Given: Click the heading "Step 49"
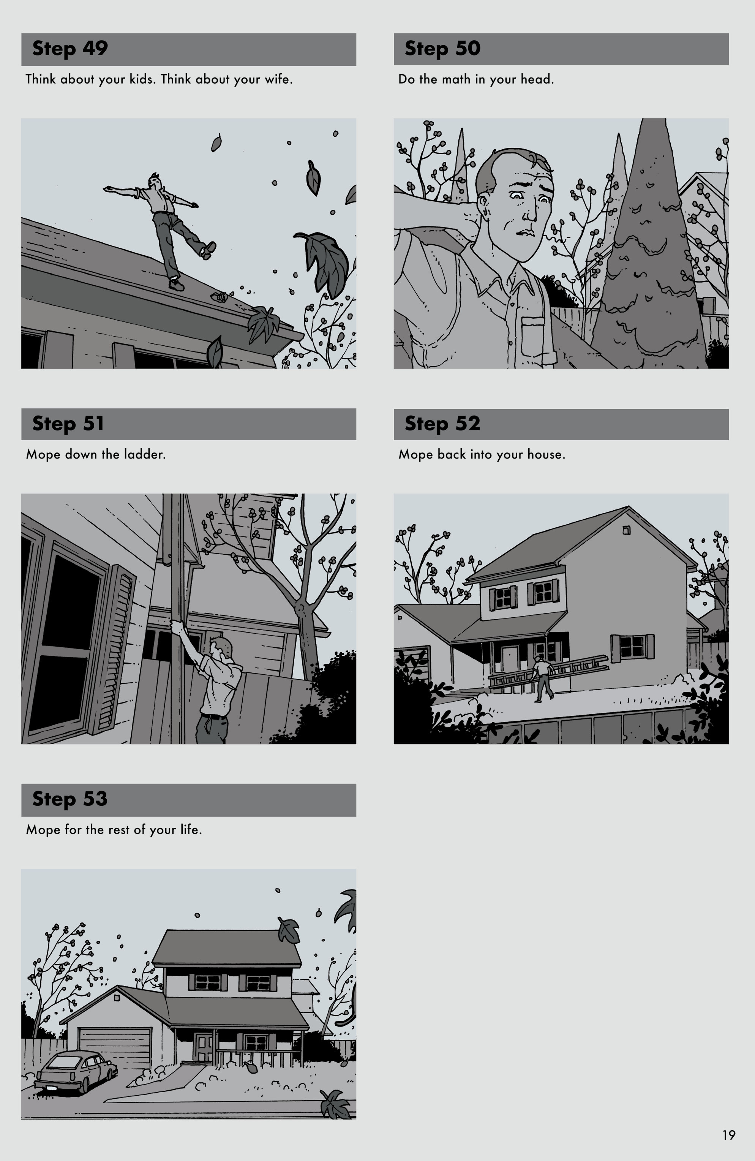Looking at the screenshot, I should pos(70,49).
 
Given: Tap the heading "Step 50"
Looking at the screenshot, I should pos(442,49).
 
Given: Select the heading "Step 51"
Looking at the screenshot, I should pos(68,424).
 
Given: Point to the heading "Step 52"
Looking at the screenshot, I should pos(442,424).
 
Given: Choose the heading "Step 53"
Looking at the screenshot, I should pos(70,799).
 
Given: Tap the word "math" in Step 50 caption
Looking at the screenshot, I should pos(457,79).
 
